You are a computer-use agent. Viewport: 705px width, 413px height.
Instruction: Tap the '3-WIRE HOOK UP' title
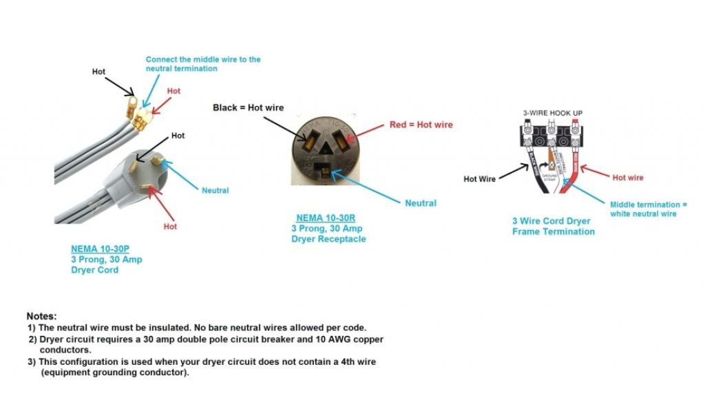552,113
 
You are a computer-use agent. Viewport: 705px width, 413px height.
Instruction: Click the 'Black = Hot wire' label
248,108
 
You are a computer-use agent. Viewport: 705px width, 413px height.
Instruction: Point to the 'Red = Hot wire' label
421,125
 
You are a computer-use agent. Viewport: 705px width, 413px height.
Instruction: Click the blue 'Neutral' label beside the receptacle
421,203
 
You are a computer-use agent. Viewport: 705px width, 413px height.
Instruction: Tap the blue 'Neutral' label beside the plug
215,190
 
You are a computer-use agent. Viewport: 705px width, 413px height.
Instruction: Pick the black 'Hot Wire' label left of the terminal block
479,179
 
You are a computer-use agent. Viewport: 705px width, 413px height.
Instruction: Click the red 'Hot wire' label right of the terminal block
628,178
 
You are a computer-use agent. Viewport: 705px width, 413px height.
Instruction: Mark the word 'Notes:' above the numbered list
41,315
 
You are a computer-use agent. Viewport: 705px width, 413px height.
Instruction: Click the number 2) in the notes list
32,339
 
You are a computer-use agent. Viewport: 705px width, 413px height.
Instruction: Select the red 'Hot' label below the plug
170,226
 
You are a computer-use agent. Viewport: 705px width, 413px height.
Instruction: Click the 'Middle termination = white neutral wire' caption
648,209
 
